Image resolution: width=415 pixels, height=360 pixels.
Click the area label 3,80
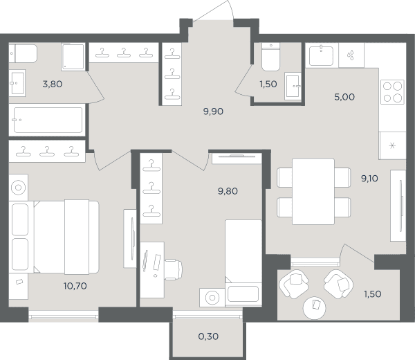tap(53, 84)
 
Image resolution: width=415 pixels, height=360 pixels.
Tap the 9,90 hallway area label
tap(213, 111)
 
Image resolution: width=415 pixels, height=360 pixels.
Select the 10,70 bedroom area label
tap(75, 286)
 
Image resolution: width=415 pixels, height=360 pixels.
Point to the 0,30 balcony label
tap(208, 336)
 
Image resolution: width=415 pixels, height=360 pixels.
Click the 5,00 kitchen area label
tap(344, 97)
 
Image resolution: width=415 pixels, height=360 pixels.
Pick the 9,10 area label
tap(369, 179)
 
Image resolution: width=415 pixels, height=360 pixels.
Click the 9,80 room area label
tap(228, 191)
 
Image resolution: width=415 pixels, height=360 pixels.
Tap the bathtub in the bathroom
tap(48, 120)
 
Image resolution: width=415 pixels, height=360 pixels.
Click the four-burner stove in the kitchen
tap(392, 92)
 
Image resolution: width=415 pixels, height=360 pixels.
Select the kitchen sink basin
tap(322, 56)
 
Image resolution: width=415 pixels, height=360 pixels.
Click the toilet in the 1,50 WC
tap(270, 57)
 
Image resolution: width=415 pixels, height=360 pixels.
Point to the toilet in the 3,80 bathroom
tap(23, 53)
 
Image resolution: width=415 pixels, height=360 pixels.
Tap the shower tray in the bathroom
tap(73, 57)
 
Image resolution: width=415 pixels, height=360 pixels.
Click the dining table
tap(313, 192)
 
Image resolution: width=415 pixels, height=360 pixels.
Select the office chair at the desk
tap(173, 269)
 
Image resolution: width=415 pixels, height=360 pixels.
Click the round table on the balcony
tap(315, 308)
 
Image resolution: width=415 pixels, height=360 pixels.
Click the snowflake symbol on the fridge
tap(392, 145)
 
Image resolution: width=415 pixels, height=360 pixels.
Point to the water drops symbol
tap(351, 55)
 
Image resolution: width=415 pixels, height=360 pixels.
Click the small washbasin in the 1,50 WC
tap(293, 86)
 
